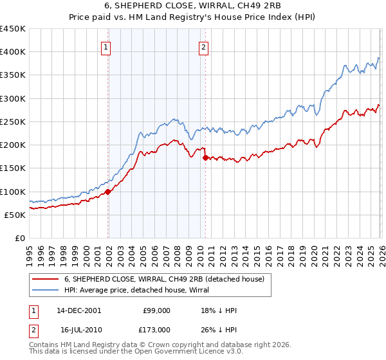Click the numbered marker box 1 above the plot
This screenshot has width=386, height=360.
(x=106, y=46)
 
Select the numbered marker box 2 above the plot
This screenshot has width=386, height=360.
(x=203, y=46)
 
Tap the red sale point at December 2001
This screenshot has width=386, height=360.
(x=108, y=192)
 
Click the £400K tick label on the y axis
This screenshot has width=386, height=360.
(x=13, y=52)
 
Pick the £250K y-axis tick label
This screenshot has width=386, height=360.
(x=13, y=122)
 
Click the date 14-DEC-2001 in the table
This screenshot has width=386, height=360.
(x=79, y=310)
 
